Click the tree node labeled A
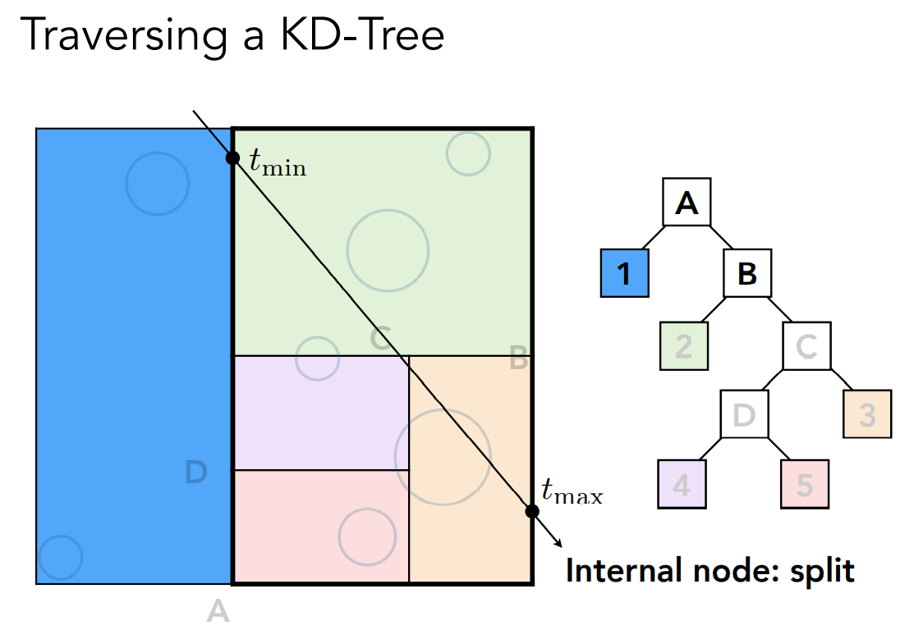pyautogui.click(x=687, y=203)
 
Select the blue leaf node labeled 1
pyautogui.click(x=625, y=273)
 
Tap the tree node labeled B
pyautogui.click(x=747, y=273)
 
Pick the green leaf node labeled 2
pyautogui.click(x=684, y=345)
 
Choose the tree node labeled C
pyautogui.click(x=807, y=345)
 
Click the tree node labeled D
pyautogui.click(x=745, y=414)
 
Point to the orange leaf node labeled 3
pyautogui.click(x=867, y=414)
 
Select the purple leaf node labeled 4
pyautogui.click(x=682, y=484)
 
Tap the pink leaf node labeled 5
pyautogui.click(x=805, y=484)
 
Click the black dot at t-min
pyautogui.click(x=232, y=157)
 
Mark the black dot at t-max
pyautogui.click(x=531, y=511)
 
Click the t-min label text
pyautogui.click(x=278, y=162)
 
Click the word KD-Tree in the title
pyautogui.click(x=362, y=35)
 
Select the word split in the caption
pyautogui.click(x=822, y=571)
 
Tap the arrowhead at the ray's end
pyautogui.click(x=558, y=543)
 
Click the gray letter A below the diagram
pyautogui.click(x=218, y=611)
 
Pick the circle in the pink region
pyautogui.click(x=367, y=537)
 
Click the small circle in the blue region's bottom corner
pyautogui.click(x=60, y=557)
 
